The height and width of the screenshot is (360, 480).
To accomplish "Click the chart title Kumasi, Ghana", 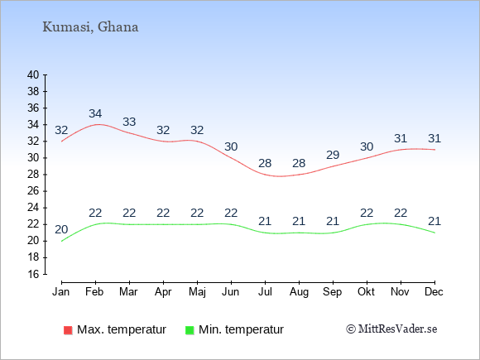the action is tap(90, 27).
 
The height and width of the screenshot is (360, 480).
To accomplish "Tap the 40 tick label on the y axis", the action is tap(33, 74).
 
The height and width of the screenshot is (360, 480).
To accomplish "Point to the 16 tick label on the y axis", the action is tap(33, 274).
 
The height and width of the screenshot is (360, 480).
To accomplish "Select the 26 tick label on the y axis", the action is tap(33, 191).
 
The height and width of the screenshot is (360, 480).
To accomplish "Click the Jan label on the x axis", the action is tap(61, 292).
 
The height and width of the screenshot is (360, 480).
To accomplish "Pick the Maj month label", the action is tap(197, 292).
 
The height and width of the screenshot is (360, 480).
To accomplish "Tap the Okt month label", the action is tap(366, 292).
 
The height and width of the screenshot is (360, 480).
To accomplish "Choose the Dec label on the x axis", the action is tap(434, 292).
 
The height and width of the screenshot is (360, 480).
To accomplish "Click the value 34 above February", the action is tap(95, 113).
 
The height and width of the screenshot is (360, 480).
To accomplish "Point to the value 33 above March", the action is tap(129, 122).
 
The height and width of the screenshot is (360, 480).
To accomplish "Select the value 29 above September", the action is tap(333, 155).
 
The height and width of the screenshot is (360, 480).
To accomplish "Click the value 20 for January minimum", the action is tap(61, 229).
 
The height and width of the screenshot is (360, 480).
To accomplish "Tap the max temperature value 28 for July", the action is tap(265, 163).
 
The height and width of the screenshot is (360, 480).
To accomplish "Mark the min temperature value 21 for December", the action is tap(434, 221).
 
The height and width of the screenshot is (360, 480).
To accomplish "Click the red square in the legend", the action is tap(68, 330).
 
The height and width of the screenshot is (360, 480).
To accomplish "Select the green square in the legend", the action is tap(190, 330).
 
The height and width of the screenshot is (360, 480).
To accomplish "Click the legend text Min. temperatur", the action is tap(241, 329).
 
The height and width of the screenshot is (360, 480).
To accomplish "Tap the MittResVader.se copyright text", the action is tap(391, 329).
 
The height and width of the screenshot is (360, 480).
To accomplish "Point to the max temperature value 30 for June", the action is tap(231, 146).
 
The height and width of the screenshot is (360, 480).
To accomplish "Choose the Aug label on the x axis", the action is tap(299, 292).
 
